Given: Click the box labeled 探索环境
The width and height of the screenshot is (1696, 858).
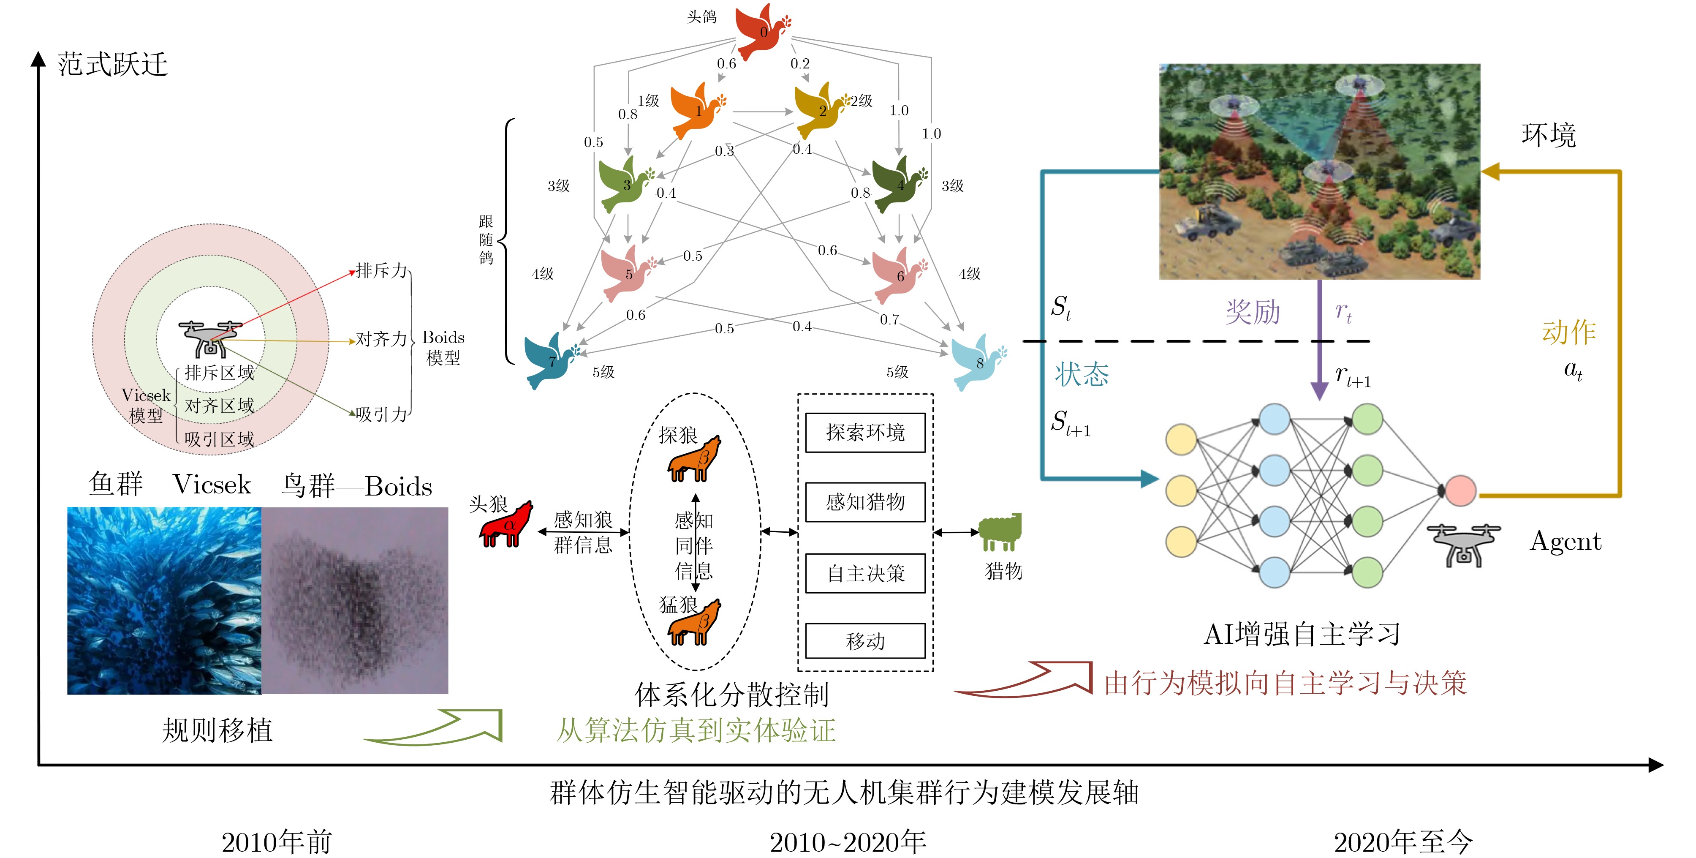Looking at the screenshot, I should pos(865,433).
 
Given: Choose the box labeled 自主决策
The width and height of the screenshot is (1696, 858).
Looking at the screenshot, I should pos(865,574).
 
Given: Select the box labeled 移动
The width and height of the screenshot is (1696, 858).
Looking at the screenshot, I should pos(865,641).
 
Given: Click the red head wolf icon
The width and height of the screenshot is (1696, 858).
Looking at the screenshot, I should pos(506,525).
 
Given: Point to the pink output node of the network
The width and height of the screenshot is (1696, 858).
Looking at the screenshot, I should pos(1459,490).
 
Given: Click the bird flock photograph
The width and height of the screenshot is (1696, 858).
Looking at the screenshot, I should pos(355,601).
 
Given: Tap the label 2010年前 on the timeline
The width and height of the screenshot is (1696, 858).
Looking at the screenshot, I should pos(277,842).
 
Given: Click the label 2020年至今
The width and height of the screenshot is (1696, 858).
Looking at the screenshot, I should pos(1403,842).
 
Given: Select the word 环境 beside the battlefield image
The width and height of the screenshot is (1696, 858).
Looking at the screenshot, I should pos(1549,135).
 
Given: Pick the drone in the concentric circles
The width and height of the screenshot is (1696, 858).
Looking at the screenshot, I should pos(210,338).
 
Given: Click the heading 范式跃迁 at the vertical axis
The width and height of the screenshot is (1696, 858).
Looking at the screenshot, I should pos(113,65).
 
